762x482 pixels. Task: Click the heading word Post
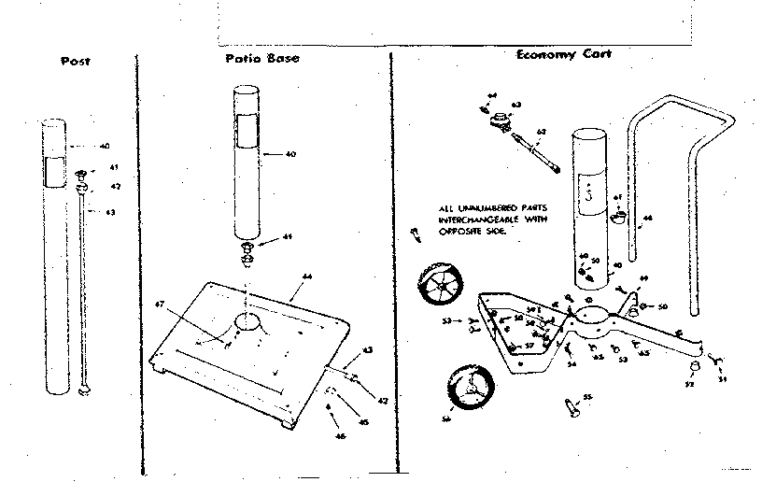point(75,62)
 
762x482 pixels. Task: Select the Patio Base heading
point(261,58)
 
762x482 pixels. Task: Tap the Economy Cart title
point(564,54)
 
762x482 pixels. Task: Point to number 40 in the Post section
point(105,147)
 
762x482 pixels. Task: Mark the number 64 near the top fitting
point(492,95)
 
